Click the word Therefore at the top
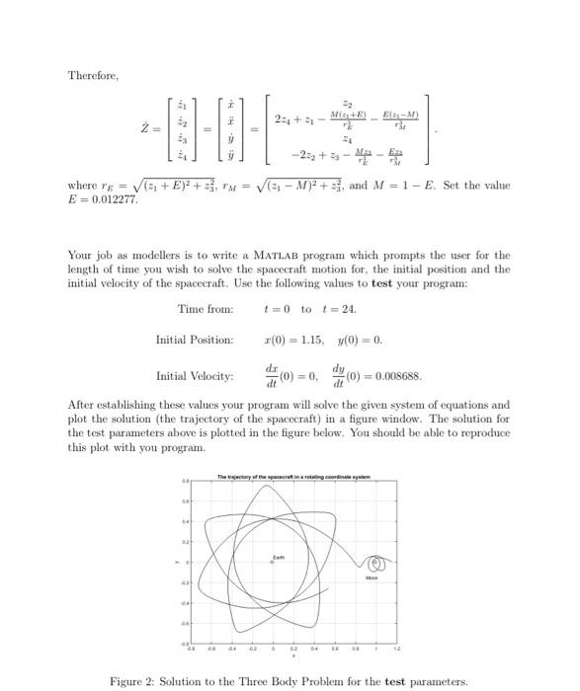[92, 76]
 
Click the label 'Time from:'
[206, 309]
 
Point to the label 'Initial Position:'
[194, 341]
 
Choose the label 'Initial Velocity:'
[195, 376]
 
